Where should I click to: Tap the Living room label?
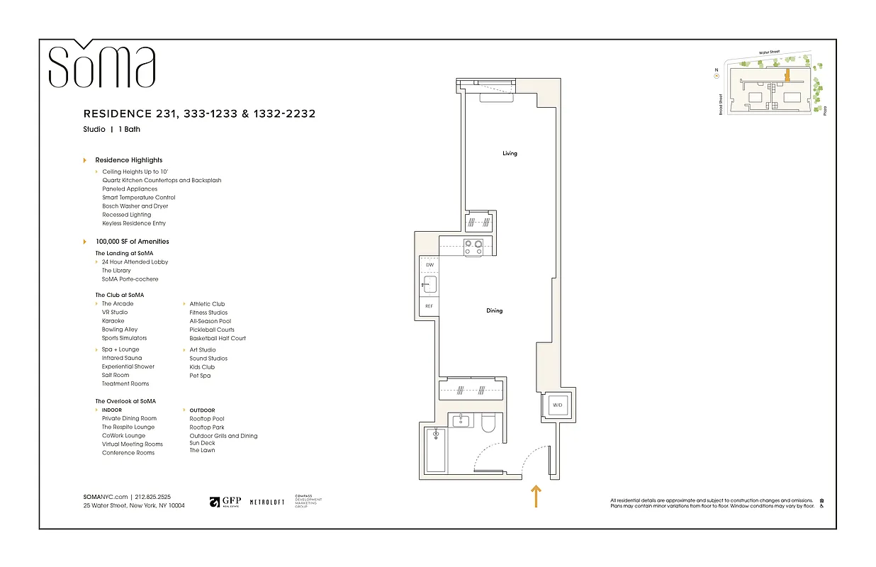510,153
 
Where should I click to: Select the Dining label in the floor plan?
494,310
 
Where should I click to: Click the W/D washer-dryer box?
557,405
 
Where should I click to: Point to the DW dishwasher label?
429,265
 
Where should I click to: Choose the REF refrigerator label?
429,306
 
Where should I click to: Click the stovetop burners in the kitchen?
473,247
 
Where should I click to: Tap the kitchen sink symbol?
429,286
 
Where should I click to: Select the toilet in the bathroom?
488,423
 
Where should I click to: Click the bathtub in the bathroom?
435,450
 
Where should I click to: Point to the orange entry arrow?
537,496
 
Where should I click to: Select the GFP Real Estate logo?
225,502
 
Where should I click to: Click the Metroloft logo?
267,502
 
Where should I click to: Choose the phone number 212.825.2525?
153,497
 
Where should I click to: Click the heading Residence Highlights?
128,160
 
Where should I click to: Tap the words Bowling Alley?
120,330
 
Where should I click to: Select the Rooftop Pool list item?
206,419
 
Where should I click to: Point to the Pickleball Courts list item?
211,330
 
